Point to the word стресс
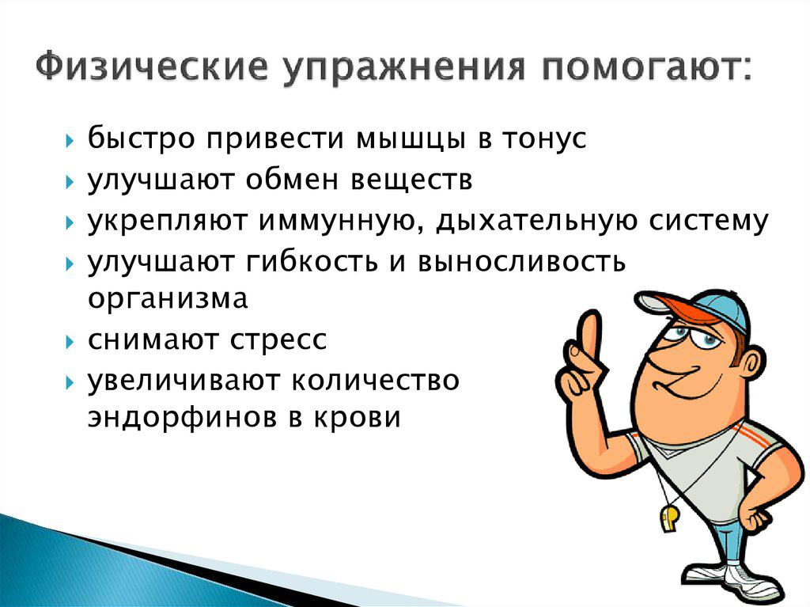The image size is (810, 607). [278, 341]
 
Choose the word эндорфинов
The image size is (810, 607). [180, 417]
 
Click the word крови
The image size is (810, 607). [357, 417]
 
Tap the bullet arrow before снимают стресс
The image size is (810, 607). [70, 343]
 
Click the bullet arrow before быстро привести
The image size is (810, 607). [70, 142]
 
